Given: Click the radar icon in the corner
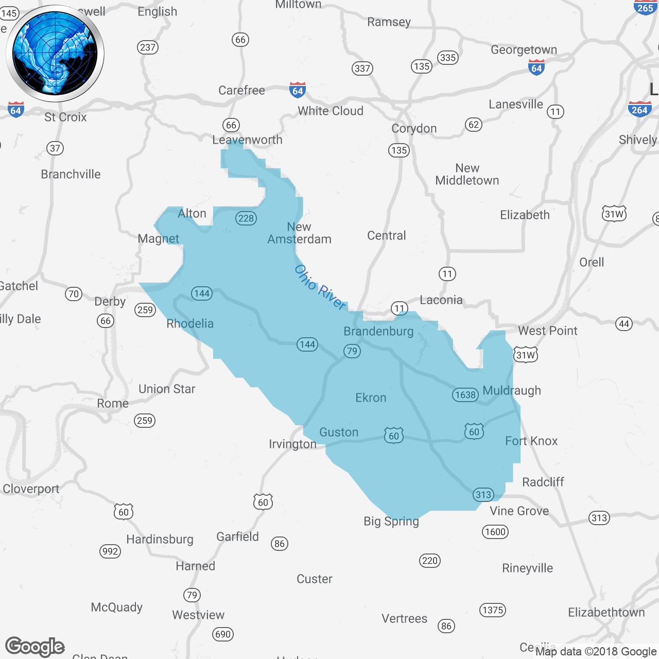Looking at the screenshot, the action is click(x=55, y=54).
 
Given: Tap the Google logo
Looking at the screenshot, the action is click(x=35, y=647).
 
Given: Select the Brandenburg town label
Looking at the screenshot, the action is click(x=378, y=331).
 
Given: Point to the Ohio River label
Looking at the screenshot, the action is click(x=320, y=287).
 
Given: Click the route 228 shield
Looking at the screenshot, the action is click(x=246, y=218).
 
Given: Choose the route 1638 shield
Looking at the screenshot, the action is click(x=465, y=395).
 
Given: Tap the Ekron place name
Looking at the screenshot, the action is click(x=371, y=397).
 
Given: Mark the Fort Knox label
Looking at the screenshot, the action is click(x=531, y=441).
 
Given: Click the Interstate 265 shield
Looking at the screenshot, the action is click(x=645, y=7).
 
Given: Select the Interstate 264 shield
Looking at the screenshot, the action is click(x=639, y=109).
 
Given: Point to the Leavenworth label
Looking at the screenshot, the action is click(x=247, y=140).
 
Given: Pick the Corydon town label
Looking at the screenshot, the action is click(x=414, y=128).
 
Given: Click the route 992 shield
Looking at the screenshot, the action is click(x=110, y=551).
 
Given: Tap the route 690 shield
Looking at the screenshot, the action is click(x=223, y=634).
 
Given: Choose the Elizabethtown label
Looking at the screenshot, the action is click(x=606, y=612).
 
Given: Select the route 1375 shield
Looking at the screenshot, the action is click(x=493, y=610).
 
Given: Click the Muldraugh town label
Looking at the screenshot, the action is click(x=512, y=390).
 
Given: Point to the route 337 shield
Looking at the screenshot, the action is click(x=362, y=68).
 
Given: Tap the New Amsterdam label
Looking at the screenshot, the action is click(x=299, y=233).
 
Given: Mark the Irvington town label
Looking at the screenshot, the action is click(x=292, y=444).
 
